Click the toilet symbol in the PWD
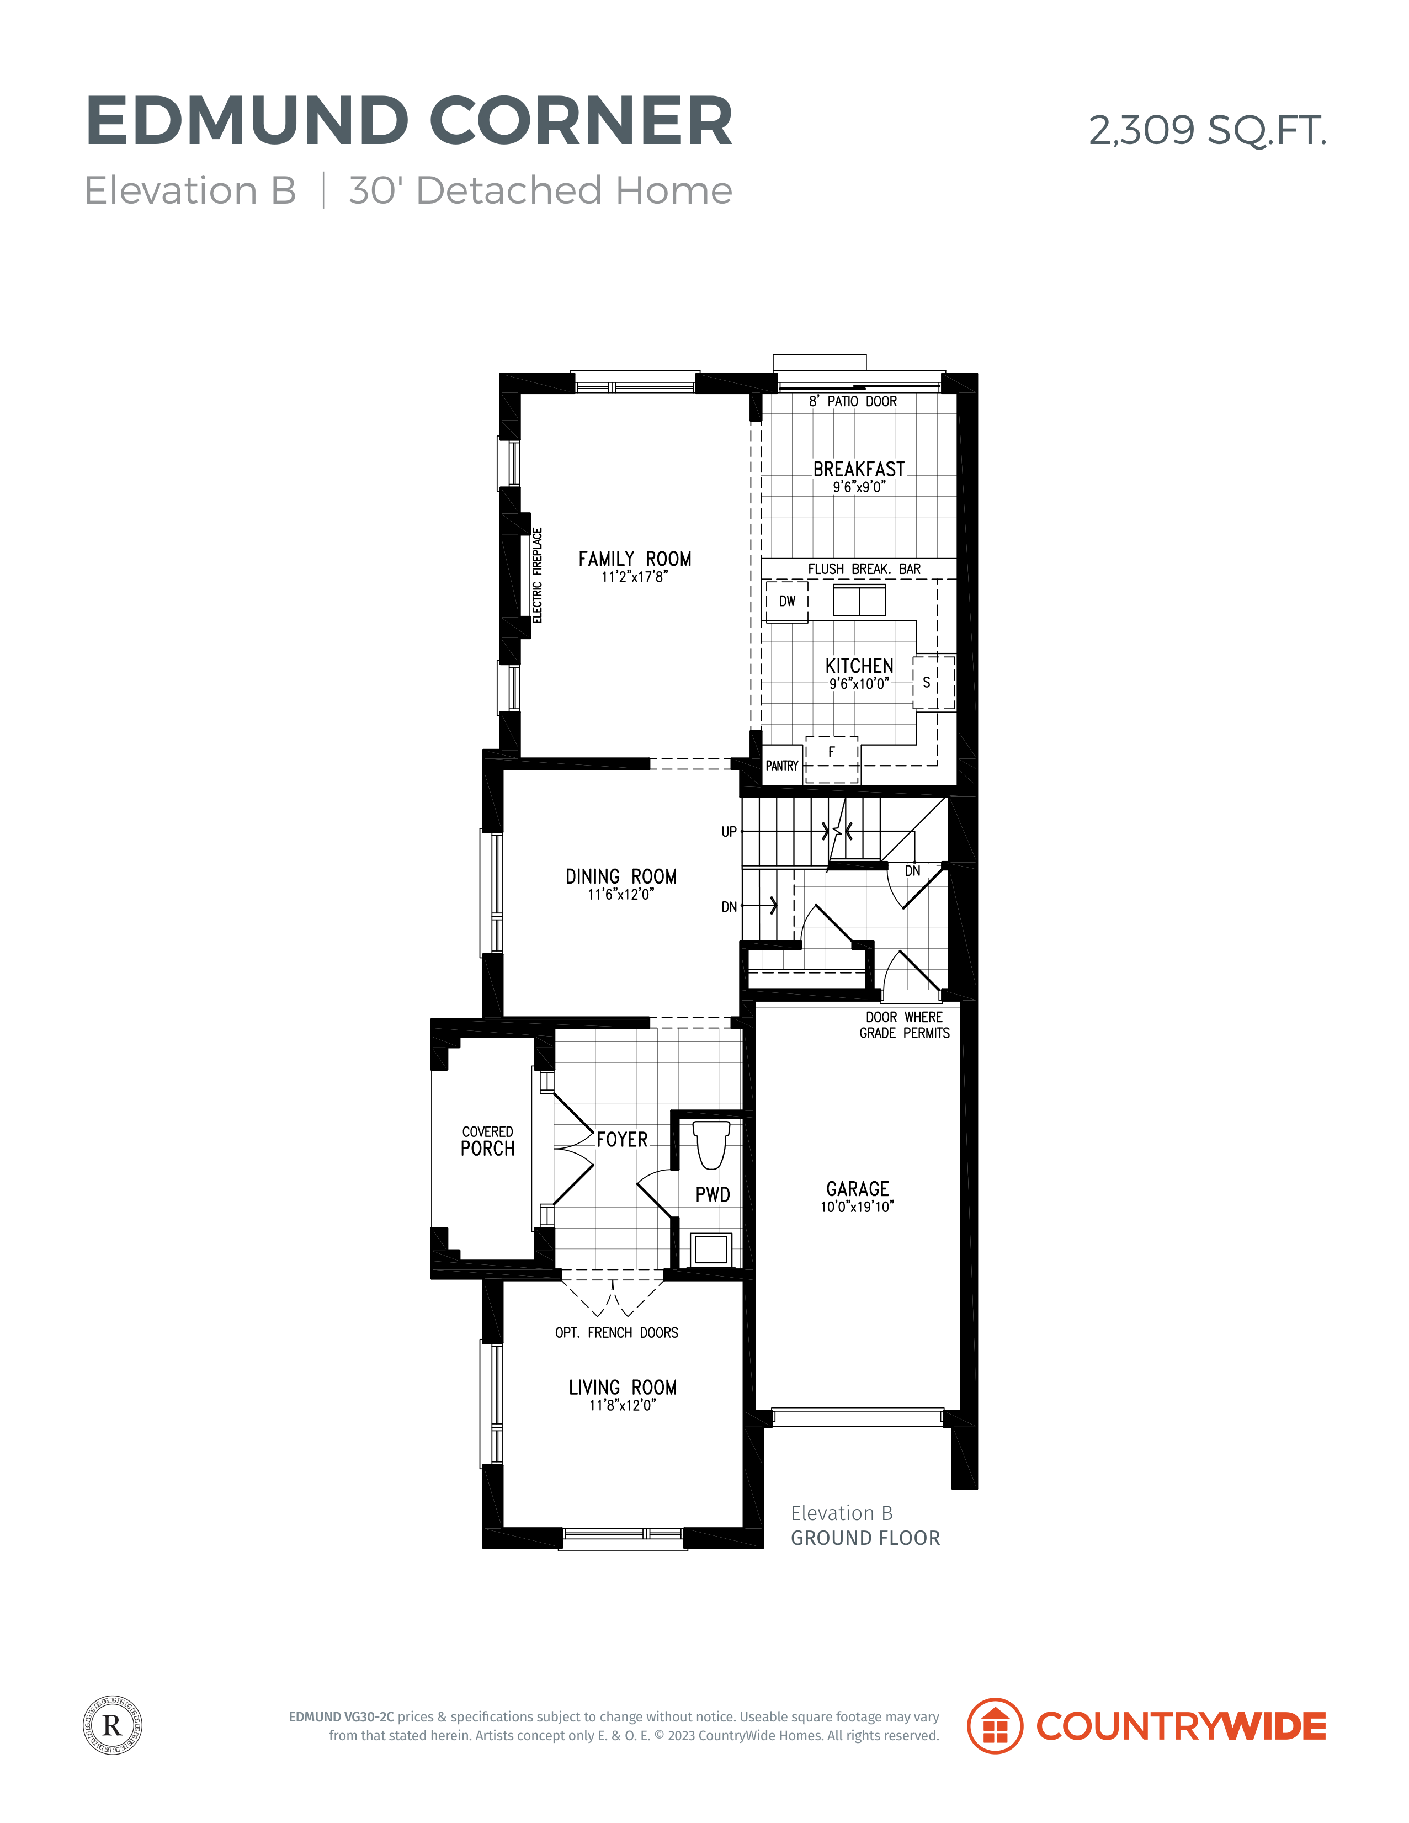click(x=711, y=1144)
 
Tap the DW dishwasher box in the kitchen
click(x=787, y=601)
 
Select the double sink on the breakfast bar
click(x=859, y=600)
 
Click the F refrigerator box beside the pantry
click(x=831, y=759)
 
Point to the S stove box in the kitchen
click(x=933, y=683)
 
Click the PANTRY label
click(x=782, y=766)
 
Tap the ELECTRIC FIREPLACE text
click(x=538, y=575)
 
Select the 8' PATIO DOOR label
click(x=852, y=401)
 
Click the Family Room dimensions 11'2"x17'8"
click(x=634, y=577)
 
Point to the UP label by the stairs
click(x=729, y=831)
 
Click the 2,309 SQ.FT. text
click(x=1207, y=130)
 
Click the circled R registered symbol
click(x=113, y=1725)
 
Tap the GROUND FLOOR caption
click(x=865, y=1538)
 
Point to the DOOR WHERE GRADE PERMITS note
click(x=905, y=1025)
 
